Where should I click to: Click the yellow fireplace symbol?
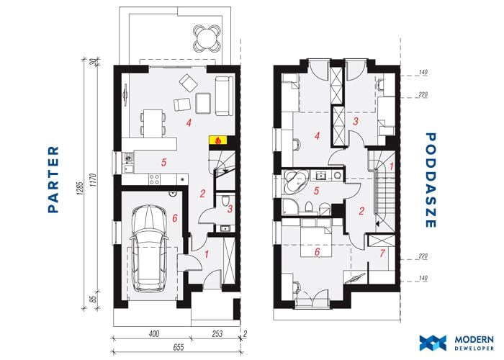[x=218, y=140]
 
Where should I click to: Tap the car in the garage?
[x=149, y=249]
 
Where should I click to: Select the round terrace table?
[x=207, y=40]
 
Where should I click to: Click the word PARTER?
[x=54, y=179]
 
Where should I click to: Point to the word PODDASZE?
[x=431, y=180]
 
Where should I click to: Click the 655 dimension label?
[x=179, y=348]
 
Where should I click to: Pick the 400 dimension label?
[x=153, y=333]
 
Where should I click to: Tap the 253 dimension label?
[x=217, y=333]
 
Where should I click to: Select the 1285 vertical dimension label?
[x=81, y=189]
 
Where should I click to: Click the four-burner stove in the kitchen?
[x=154, y=179]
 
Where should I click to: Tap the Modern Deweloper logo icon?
[x=433, y=343]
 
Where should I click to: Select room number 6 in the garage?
[x=174, y=218]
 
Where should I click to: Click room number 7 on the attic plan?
[x=382, y=253]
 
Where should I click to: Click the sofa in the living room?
[x=224, y=96]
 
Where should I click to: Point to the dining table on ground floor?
[x=153, y=123]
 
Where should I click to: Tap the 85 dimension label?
[x=93, y=299]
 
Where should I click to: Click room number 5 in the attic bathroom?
[x=317, y=191]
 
